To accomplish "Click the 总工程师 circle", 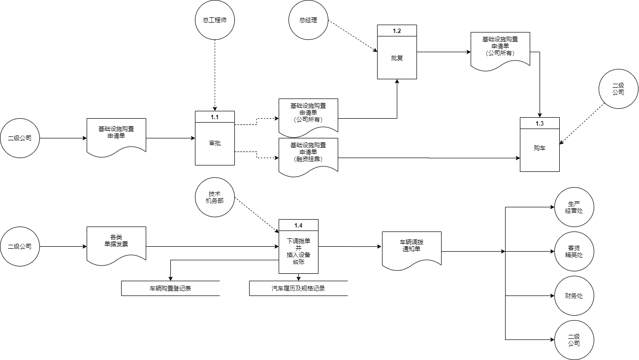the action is (x=215, y=20).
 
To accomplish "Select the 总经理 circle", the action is (x=308, y=20).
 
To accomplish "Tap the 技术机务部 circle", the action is (x=215, y=197).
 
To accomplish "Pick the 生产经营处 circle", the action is (x=574, y=207).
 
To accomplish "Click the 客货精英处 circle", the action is (x=574, y=252).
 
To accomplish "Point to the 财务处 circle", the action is (x=574, y=296).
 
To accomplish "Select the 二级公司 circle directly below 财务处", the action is (x=574, y=340).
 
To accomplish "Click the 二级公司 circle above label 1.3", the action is (x=618, y=89).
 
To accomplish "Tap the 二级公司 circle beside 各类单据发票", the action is (x=20, y=247).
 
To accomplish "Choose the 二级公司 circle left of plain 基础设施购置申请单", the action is (x=20, y=138).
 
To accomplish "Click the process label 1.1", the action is (x=215, y=117).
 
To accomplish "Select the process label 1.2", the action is (x=397, y=31).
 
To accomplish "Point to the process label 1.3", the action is (x=540, y=123).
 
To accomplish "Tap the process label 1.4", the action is (x=298, y=225).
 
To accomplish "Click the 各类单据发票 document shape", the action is (x=116, y=243).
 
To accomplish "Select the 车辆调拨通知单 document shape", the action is (x=412, y=249).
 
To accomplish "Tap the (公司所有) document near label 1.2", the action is (x=500, y=49).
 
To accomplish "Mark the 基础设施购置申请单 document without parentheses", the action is (x=116, y=134).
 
